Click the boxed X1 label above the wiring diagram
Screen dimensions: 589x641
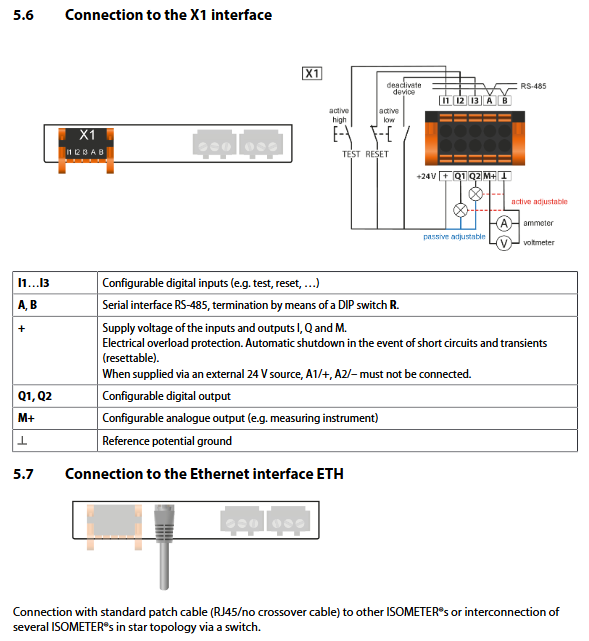tap(312, 74)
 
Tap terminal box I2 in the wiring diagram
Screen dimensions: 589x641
tap(460, 101)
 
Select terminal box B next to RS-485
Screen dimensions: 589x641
tap(505, 101)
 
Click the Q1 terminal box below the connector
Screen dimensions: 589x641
tap(460, 176)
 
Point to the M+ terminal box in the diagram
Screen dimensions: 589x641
tap(490, 176)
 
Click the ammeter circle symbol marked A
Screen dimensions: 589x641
tap(504, 223)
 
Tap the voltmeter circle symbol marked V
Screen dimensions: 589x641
tap(504, 243)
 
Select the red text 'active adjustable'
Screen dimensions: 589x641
tap(539, 202)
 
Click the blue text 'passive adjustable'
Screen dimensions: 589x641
tap(454, 237)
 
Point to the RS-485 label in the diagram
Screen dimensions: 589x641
tap(533, 86)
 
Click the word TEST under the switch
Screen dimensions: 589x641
tap(351, 154)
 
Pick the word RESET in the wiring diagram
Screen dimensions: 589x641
tap(377, 154)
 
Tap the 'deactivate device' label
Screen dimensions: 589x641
tap(404, 88)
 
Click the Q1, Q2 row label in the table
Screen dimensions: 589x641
tap(35, 396)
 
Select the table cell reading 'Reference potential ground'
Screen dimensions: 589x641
tap(167, 441)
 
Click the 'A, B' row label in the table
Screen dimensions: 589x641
tap(27, 305)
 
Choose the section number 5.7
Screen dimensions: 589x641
tap(23, 474)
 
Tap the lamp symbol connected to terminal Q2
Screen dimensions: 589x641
tap(475, 194)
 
